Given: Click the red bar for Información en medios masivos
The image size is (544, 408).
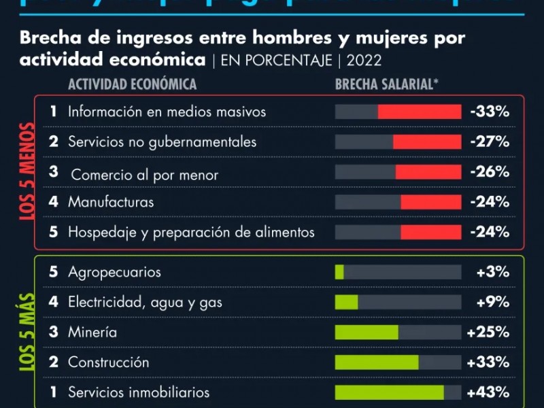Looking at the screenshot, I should [x=420, y=112].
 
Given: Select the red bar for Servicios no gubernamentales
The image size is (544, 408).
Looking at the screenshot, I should [x=427, y=142].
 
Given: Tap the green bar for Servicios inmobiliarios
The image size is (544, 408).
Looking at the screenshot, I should [x=390, y=392].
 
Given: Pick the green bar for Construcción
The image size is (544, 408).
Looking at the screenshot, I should [x=377, y=362].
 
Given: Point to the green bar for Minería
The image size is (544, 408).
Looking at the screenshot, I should [x=367, y=333].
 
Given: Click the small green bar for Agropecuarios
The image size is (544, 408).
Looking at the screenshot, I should [x=339, y=272].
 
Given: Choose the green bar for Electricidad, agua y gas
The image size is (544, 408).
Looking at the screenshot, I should [x=346, y=302].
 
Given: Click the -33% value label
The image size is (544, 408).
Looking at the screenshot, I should [x=490, y=112].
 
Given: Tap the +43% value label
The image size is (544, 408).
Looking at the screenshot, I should [x=488, y=392].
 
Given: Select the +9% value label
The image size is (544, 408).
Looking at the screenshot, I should [x=493, y=302].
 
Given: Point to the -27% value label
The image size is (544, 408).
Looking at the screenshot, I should [x=490, y=142].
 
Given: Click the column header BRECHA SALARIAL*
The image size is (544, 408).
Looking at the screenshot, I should [x=387, y=84].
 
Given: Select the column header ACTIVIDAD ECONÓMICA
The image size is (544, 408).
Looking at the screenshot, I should [x=132, y=84].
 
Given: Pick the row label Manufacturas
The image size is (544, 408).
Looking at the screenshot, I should [x=111, y=202].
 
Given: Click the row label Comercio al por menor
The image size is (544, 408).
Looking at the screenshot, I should [x=145, y=175].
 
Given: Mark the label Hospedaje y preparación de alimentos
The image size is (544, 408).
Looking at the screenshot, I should [x=191, y=232].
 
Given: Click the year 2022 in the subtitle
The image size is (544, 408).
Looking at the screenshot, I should [x=364, y=60].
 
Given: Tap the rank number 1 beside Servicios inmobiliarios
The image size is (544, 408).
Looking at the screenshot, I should [x=53, y=392].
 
